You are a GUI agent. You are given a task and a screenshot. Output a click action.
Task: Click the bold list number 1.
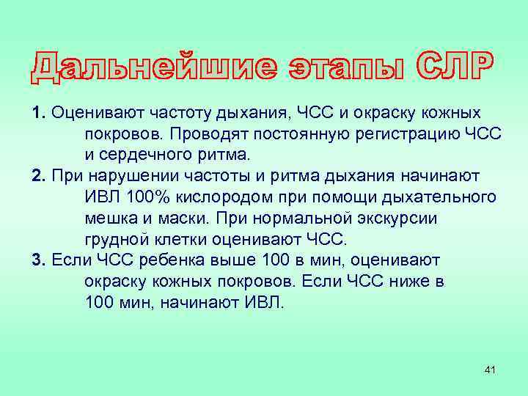(39, 114)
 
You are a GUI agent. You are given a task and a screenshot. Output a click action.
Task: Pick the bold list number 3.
(39, 260)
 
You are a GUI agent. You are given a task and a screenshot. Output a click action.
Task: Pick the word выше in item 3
(225, 260)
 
